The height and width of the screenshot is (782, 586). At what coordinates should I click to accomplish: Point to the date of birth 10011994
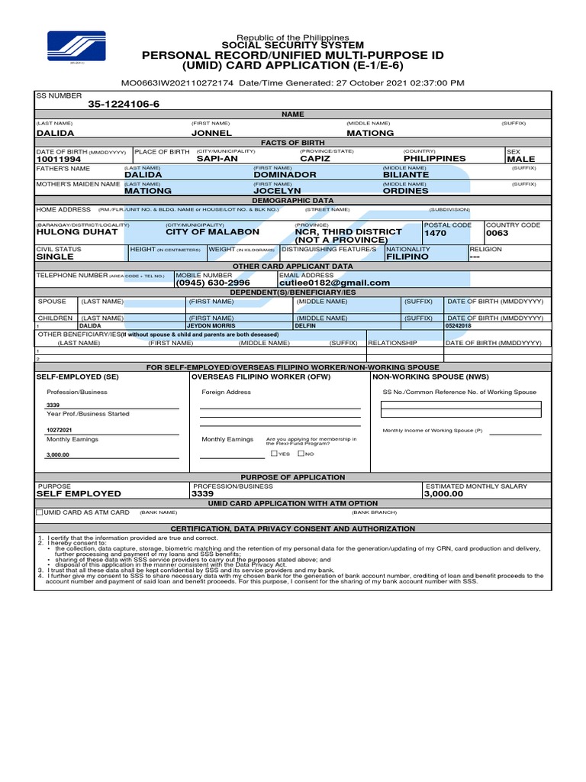[x=59, y=159]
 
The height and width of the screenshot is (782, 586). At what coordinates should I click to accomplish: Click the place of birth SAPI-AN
[x=218, y=159]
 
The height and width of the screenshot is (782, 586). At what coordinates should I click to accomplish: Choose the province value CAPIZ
[x=315, y=159]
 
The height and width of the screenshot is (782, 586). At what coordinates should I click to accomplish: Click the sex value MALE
[x=521, y=159]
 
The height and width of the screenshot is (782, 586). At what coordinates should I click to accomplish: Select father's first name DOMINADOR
[x=285, y=175]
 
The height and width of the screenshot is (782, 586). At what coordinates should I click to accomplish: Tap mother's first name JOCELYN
[x=278, y=191]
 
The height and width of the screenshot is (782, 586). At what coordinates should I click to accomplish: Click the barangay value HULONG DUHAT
[x=77, y=232]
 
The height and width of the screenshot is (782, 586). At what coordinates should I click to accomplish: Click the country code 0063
[x=497, y=233]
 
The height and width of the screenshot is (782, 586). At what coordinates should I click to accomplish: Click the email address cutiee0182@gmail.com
[x=334, y=283]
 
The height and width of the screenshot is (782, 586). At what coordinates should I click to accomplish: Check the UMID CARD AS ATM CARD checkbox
[x=40, y=512]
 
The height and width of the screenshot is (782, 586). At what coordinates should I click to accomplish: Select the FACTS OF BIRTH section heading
[x=293, y=143]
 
